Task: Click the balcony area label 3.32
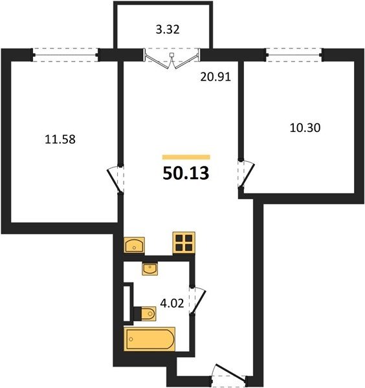coord(168,30)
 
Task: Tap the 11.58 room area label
coord(60,139)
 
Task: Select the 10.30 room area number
coord(305,128)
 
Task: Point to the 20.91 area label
coord(216,77)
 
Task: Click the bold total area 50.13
coord(186,173)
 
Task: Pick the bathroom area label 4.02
coord(172,303)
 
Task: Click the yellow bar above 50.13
coord(186,157)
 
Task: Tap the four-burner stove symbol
coord(184,242)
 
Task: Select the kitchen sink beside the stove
coord(134,245)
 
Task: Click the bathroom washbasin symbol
coord(149,269)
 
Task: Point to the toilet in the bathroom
coord(145,314)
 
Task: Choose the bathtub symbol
coord(149,339)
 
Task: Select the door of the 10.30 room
coord(246,174)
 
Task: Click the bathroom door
coord(197,301)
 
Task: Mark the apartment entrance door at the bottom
coord(229,373)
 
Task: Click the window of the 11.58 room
coord(65,55)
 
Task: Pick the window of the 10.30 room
coord(294,55)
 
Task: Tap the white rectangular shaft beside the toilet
coord(128,303)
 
